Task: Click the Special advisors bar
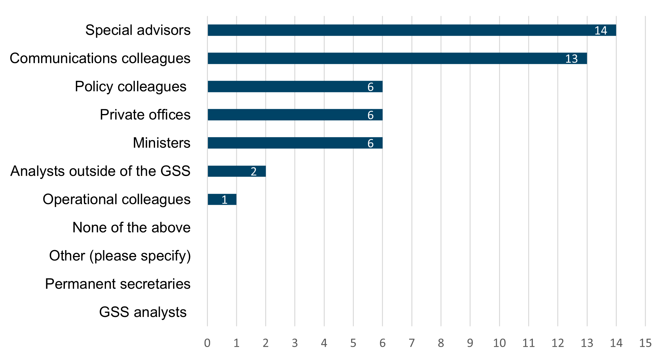pos(411,30)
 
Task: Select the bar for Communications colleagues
pos(397,58)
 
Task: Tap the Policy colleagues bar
pos(295,86)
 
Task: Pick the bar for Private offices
pos(295,115)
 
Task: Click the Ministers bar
pos(295,143)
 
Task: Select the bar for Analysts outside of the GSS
pos(236,171)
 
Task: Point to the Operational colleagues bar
pos(222,199)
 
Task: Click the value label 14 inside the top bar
pos(601,30)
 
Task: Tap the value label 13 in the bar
pos(571,59)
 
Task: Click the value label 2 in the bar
pos(253,171)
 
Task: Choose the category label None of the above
pos(131,227)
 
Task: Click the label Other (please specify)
pos(120,256)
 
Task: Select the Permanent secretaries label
pos(118,284)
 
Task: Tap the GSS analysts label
pos(143,312)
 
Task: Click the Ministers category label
pos(161,143)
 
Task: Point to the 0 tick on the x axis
pos(207,343)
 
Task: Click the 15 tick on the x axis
pos(646,343)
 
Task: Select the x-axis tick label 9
pos(470,343)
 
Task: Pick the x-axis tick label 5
pos(353,343)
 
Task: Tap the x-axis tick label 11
pos(528,343)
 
